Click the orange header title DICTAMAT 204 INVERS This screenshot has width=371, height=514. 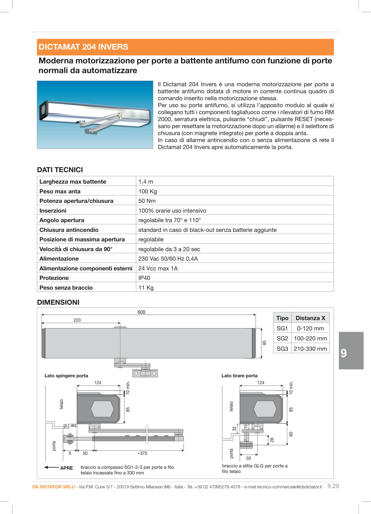tap(83, 47)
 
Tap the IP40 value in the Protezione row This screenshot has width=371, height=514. tap(144, 278)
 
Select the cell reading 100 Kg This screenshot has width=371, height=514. tap(148, 191)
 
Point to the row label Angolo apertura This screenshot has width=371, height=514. tap(62, 220)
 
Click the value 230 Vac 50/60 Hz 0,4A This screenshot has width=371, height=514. tap(168, 259)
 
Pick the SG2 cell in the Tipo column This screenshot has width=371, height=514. tap(282, 338)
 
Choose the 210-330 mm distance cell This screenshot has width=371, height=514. tap(310, 349)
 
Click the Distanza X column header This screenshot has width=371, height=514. tap(310, 318)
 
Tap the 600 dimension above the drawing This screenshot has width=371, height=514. tap(141, 312)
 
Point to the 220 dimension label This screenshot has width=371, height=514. tap(77, 320)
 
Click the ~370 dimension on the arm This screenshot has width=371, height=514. tap(142, 453)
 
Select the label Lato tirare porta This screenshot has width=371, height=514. tap(239, 376)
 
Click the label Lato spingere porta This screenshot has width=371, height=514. tap(66, 376)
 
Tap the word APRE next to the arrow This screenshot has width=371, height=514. tap(66, 468)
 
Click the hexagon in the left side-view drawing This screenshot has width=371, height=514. tap(102, 409)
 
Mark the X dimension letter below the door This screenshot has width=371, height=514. tap(70, 453)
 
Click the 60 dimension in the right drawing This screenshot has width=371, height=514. tap(291, 434)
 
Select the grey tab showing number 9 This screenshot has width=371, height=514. tap(351, 350)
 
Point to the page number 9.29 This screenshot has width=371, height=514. tap(333, 486)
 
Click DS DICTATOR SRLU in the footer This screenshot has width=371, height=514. tap(53, 487)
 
